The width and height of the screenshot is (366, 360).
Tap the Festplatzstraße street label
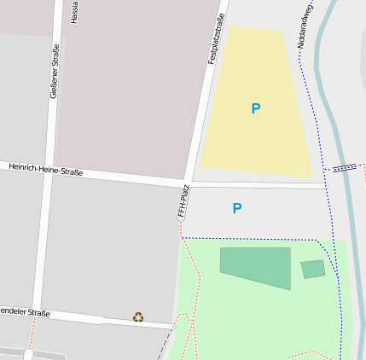(216, 39)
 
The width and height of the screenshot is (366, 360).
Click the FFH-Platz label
(182, 202)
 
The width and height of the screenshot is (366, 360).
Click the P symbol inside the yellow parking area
(255, 108)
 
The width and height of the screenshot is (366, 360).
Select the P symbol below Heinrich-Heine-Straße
(237, 208)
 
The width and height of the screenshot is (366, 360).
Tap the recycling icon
(138, 317)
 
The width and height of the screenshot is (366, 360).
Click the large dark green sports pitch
(256, 266)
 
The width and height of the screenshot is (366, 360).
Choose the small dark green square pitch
(313, 270)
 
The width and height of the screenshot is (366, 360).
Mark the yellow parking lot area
(256, 136)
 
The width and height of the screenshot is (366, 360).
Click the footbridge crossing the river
(344, 168)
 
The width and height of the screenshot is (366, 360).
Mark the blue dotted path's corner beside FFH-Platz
(183, 237)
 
